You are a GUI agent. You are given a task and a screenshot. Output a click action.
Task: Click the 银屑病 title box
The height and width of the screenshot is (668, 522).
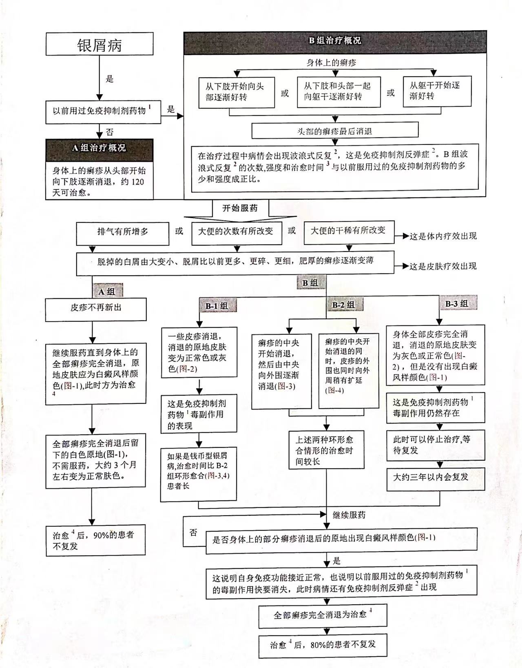coord(100,44)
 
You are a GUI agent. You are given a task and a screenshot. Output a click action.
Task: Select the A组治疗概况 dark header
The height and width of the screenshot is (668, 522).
coord(100,148)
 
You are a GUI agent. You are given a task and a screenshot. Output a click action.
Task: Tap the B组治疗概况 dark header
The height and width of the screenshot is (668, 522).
coord(335,41)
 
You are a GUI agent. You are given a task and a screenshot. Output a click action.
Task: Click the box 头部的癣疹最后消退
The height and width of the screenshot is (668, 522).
coord(335,131)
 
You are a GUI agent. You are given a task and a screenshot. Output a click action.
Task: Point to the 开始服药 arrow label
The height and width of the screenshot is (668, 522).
coord(240,208)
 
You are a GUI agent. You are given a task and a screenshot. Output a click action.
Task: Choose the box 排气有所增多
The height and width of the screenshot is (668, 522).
coord(122,232)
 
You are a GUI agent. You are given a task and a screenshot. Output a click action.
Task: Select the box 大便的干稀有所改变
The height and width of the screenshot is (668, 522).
coord(348,231)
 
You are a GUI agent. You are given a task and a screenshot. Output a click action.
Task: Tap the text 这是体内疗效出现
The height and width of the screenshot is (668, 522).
coord(443,236)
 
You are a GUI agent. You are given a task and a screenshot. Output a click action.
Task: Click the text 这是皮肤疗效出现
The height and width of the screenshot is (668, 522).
coord(443,266)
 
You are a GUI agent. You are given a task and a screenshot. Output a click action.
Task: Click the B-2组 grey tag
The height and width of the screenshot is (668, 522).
coord(343,305)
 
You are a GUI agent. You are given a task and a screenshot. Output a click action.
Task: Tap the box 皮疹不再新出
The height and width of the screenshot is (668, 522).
coord(96,308)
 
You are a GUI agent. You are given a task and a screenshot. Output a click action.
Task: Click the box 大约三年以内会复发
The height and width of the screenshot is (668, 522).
coord(435,477)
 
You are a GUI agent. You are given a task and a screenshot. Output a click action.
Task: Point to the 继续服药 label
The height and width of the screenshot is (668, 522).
coord(349,515)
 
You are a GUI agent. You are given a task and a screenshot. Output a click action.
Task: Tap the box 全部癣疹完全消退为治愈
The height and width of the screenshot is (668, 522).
coord(322,615)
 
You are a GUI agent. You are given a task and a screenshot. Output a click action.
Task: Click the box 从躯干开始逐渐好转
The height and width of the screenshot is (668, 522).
coord(437,91)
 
